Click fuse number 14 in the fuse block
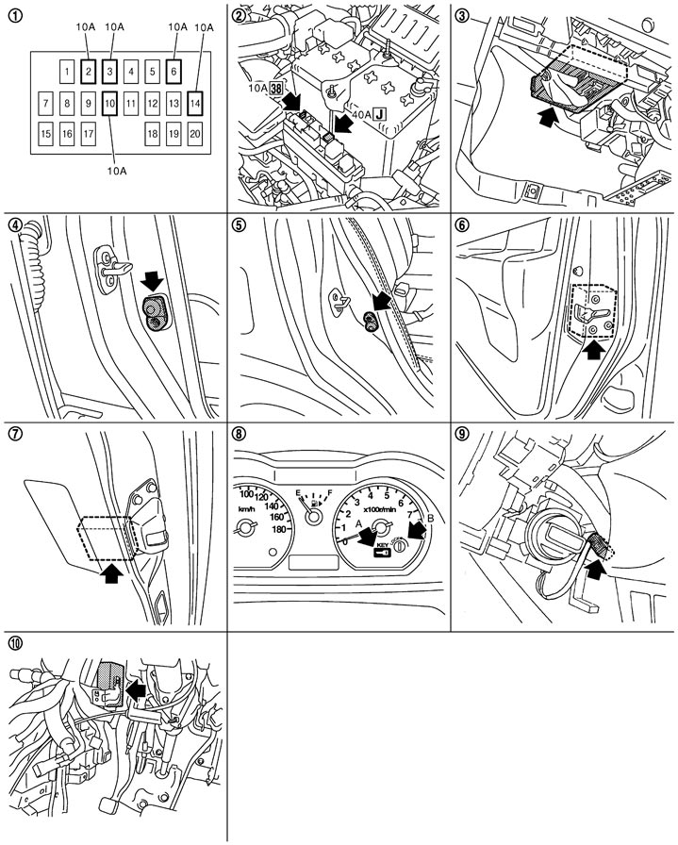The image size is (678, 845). point(195,103)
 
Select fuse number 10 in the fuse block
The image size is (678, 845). point(109,103)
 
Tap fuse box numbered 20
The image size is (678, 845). point(195,133)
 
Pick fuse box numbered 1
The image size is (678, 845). point(67,71)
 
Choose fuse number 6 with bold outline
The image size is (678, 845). point(174,71)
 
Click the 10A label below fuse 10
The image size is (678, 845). point(116,171)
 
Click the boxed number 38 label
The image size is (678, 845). point(276,88)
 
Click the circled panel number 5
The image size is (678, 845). point(237,224)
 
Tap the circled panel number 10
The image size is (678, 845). point(16,642)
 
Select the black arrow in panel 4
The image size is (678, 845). point(153,280)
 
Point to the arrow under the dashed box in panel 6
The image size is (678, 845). point(594,349)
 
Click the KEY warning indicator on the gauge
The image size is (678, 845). point(382,549)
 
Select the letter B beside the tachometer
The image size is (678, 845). point(431,519)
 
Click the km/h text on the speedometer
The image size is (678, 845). point(246,508)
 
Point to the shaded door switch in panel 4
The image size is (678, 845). point(154,312)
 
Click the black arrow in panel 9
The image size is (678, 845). point(593,570)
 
